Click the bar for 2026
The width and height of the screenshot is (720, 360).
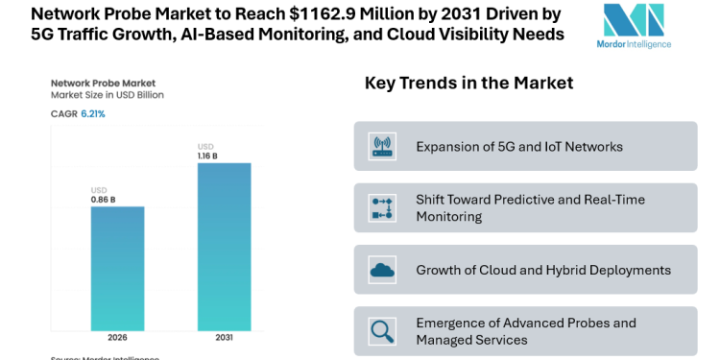click(x=117, y=268)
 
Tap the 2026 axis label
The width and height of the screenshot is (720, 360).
click(x=117, y=338)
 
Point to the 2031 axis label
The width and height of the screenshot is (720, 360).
click(x=224, y=338)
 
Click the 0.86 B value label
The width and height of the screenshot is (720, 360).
click(x=104, y=200)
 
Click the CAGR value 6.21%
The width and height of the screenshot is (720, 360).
click(x=93, y=113)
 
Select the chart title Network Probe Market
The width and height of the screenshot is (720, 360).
click(x=103, y=84)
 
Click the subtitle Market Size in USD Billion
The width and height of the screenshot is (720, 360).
click(x=108, y=96)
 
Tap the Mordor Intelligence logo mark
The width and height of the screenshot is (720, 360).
click(x=633, y=20)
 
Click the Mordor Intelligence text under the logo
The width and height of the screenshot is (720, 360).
click(x=633, y=44)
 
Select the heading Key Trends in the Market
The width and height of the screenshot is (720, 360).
click(x=468, y=84)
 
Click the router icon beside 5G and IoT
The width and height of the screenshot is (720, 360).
click(x=382, y=146)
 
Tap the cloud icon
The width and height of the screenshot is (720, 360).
click(x=382, y=270)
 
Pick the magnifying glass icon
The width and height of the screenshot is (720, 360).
click(x=382, y=331)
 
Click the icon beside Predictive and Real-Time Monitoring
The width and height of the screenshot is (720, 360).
click(x=382, y=207)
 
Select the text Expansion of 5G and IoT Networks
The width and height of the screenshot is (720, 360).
click(x=519, y=147)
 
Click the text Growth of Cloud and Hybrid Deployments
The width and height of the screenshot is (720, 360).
click(x=543, y=270)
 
